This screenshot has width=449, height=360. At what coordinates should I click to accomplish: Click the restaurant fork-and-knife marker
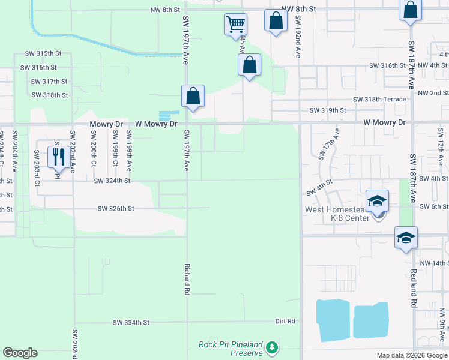[58, 157]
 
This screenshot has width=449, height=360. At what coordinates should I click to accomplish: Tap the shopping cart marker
[235, 25]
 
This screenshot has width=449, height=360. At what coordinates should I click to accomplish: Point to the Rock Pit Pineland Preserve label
[231, 349]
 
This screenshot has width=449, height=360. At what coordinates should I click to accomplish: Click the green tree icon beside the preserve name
[272, 347]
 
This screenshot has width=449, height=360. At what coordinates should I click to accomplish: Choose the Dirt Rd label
[285, 322]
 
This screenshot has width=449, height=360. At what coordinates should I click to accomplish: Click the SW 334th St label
[130, 323]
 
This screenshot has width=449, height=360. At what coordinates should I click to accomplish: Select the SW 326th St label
[116, 209]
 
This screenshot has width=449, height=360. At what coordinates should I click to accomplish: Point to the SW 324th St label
[112, 180]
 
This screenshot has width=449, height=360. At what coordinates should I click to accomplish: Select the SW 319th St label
[328, 110]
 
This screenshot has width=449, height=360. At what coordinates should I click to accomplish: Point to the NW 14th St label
[433, 263]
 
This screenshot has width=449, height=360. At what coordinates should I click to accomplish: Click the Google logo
[20, 353]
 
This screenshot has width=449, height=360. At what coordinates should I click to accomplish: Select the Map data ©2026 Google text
[411, 355]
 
